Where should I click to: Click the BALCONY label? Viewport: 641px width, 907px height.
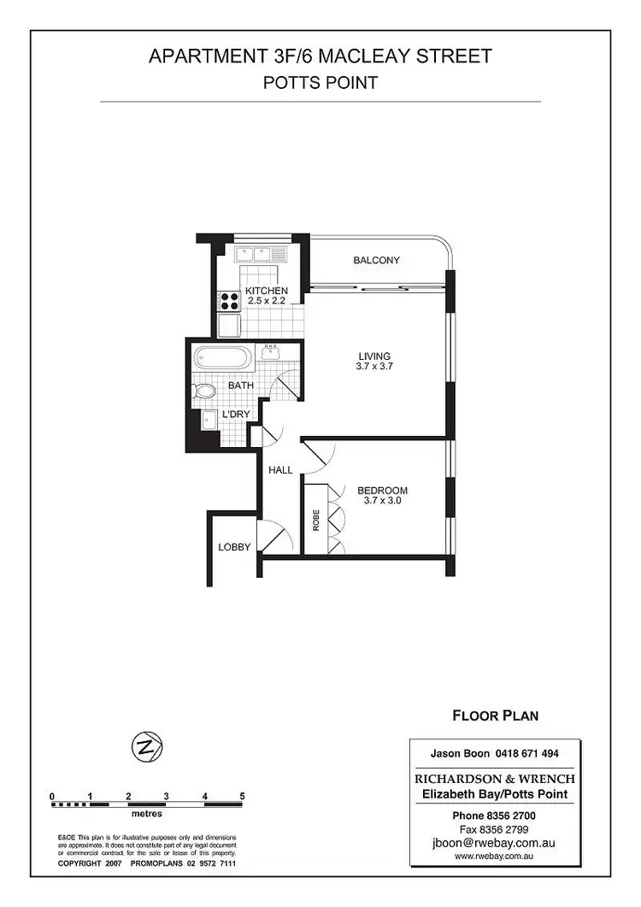(376, 261)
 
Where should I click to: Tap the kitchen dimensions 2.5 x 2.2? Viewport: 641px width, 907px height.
(267, 301)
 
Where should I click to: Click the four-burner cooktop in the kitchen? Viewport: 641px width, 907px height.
(230, 301)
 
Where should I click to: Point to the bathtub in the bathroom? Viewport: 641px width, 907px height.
(222, 357)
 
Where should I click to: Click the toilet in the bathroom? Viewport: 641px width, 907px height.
(204, 392)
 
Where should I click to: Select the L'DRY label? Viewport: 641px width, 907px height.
(236, 415)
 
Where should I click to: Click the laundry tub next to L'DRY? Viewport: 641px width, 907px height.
(209, 420)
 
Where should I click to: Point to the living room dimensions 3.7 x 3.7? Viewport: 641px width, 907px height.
(374, 367)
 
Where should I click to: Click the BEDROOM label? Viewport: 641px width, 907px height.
(382, 491)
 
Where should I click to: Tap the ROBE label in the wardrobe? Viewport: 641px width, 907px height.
(315, 521)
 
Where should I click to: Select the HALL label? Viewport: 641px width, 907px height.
(280, 470)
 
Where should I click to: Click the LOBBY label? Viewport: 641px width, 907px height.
(233, 546)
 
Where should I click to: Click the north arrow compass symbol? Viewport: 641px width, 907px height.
(146, 747)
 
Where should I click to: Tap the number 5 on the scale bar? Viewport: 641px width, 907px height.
(243, 797)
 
